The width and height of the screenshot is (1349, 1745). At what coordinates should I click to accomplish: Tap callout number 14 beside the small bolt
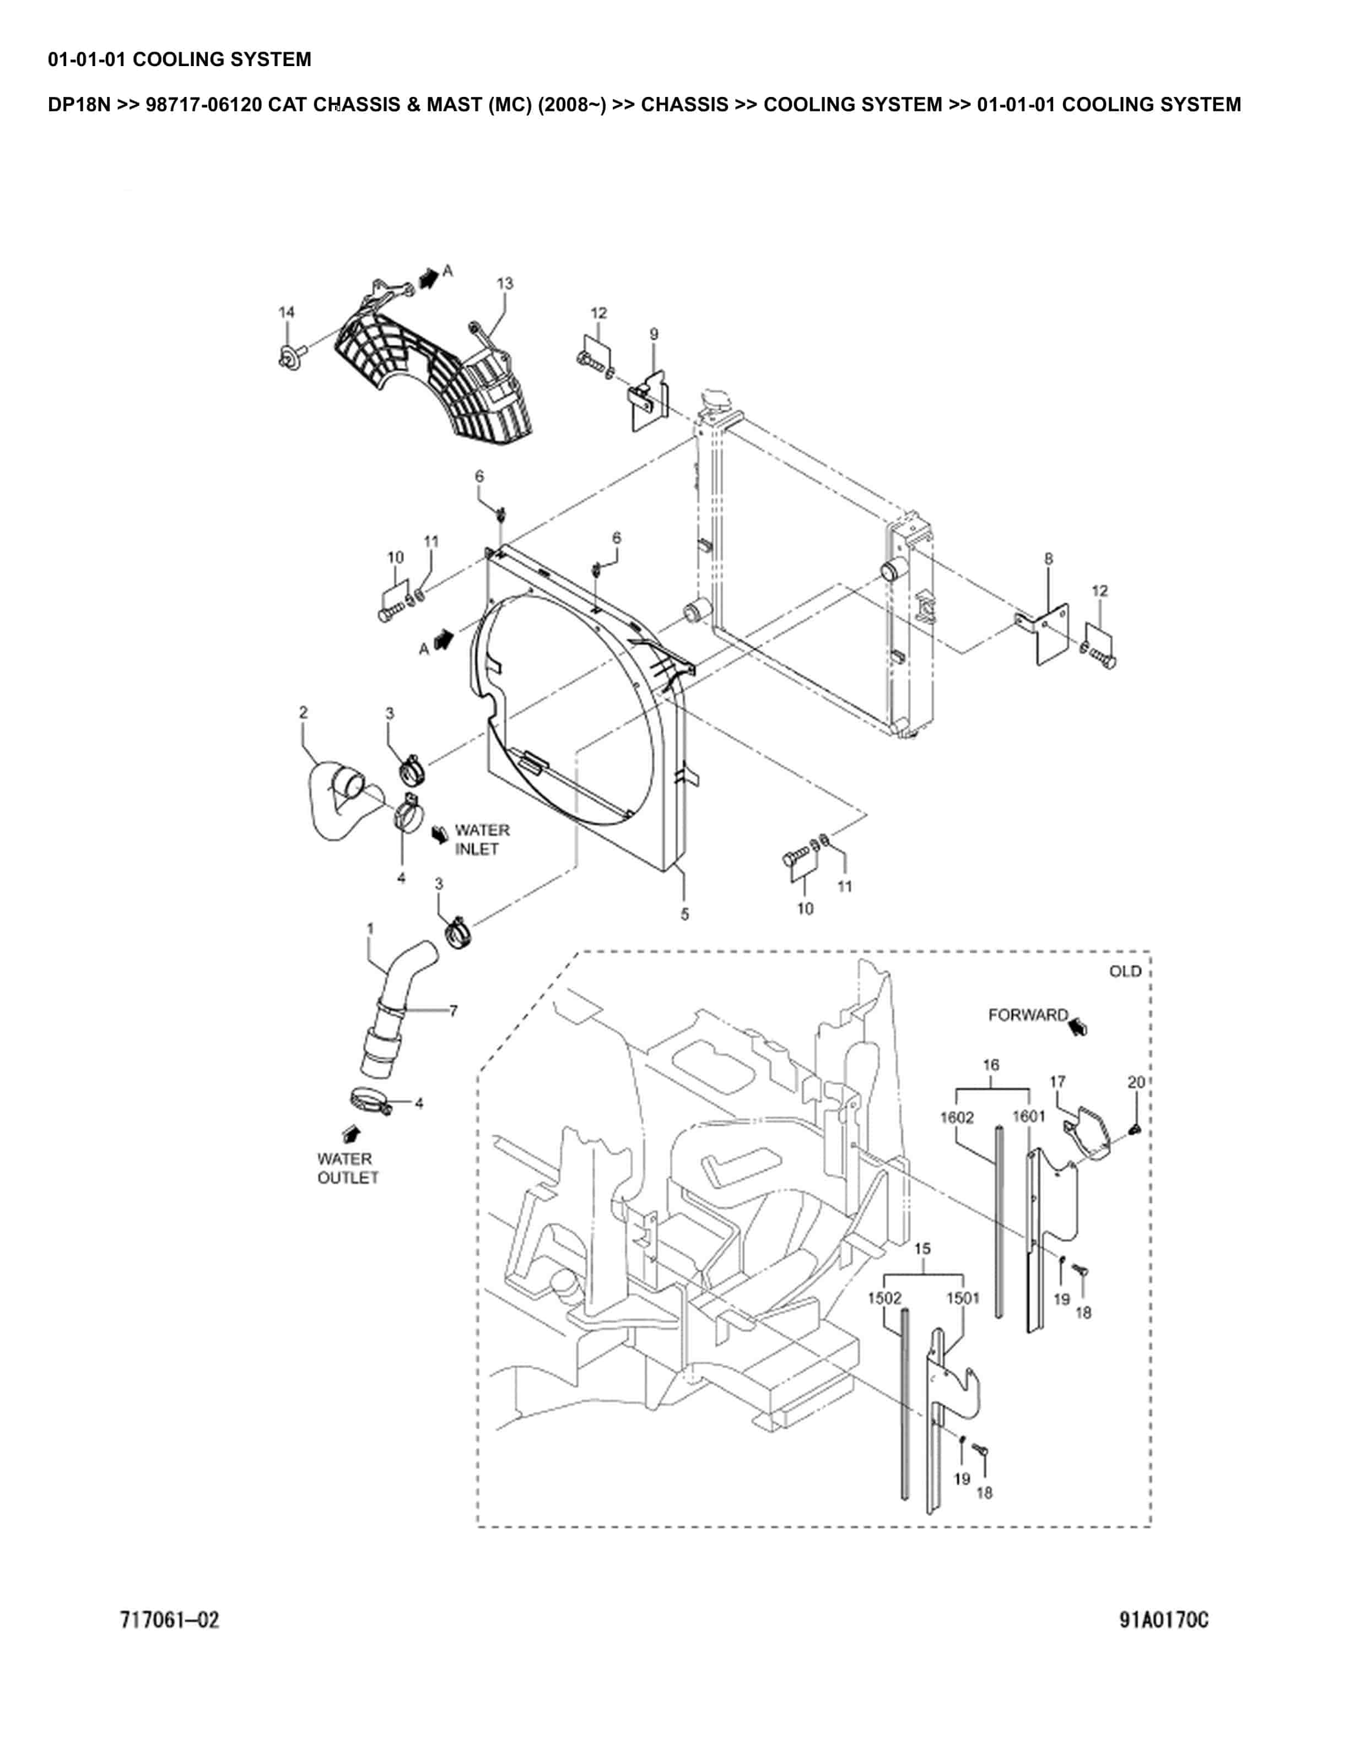tap(286, 312)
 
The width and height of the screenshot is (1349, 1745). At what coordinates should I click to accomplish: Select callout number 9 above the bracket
tap(654, 333)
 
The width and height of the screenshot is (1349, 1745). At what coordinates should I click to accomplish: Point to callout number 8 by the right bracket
tap(1049, 559)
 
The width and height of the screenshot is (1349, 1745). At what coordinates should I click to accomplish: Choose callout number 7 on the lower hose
tap(453, 1011)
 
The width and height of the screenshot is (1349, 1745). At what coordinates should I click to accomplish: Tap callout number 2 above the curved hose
tap(304, 711)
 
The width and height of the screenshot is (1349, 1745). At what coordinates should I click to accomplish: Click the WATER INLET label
tap(481, 840)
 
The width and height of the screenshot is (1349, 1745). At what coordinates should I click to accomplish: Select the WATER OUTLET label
tap(348, 1168)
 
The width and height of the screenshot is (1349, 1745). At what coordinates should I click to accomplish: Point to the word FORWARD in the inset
tap(1028, 1015)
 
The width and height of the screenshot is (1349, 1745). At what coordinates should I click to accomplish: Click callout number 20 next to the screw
tap(1136, 1082)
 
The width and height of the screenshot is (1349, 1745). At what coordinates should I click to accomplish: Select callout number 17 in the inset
tap(1057, 1081)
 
